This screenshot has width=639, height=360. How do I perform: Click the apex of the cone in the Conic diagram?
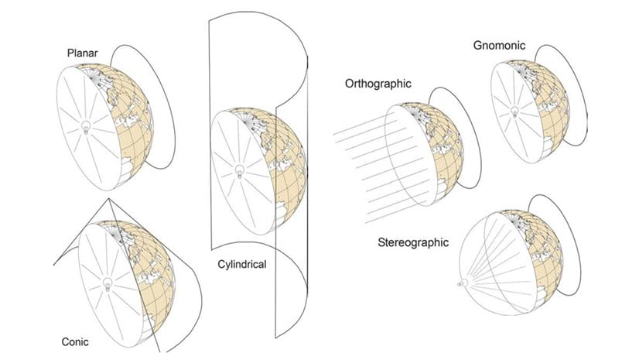coord(109,199)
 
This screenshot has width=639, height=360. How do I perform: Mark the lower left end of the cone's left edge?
coord(54,265)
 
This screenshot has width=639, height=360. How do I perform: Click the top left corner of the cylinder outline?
coord(209,19)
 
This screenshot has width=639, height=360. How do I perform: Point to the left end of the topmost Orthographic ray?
coord(333,134)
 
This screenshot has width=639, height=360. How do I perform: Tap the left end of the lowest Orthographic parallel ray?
coord(366,223)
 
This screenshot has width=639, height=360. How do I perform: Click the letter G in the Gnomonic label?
coord(477,45)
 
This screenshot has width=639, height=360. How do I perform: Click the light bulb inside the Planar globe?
coord(86,127)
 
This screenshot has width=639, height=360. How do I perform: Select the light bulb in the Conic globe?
coord(108,284)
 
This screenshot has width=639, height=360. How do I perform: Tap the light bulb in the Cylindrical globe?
coord(240,172)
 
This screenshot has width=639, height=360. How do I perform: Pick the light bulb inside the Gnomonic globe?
coord(514,111)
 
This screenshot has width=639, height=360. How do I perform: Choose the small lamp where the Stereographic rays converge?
coord(463,283)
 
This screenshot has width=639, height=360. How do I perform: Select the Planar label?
coord(83,53)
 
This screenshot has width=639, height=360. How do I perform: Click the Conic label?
coord(75,341)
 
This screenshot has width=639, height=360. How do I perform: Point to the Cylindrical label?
coord(242,265)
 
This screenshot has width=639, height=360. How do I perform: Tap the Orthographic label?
coord(378,84)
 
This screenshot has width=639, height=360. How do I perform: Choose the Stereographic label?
coord(413,243)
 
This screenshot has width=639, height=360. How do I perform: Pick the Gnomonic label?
coord(499,45)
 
